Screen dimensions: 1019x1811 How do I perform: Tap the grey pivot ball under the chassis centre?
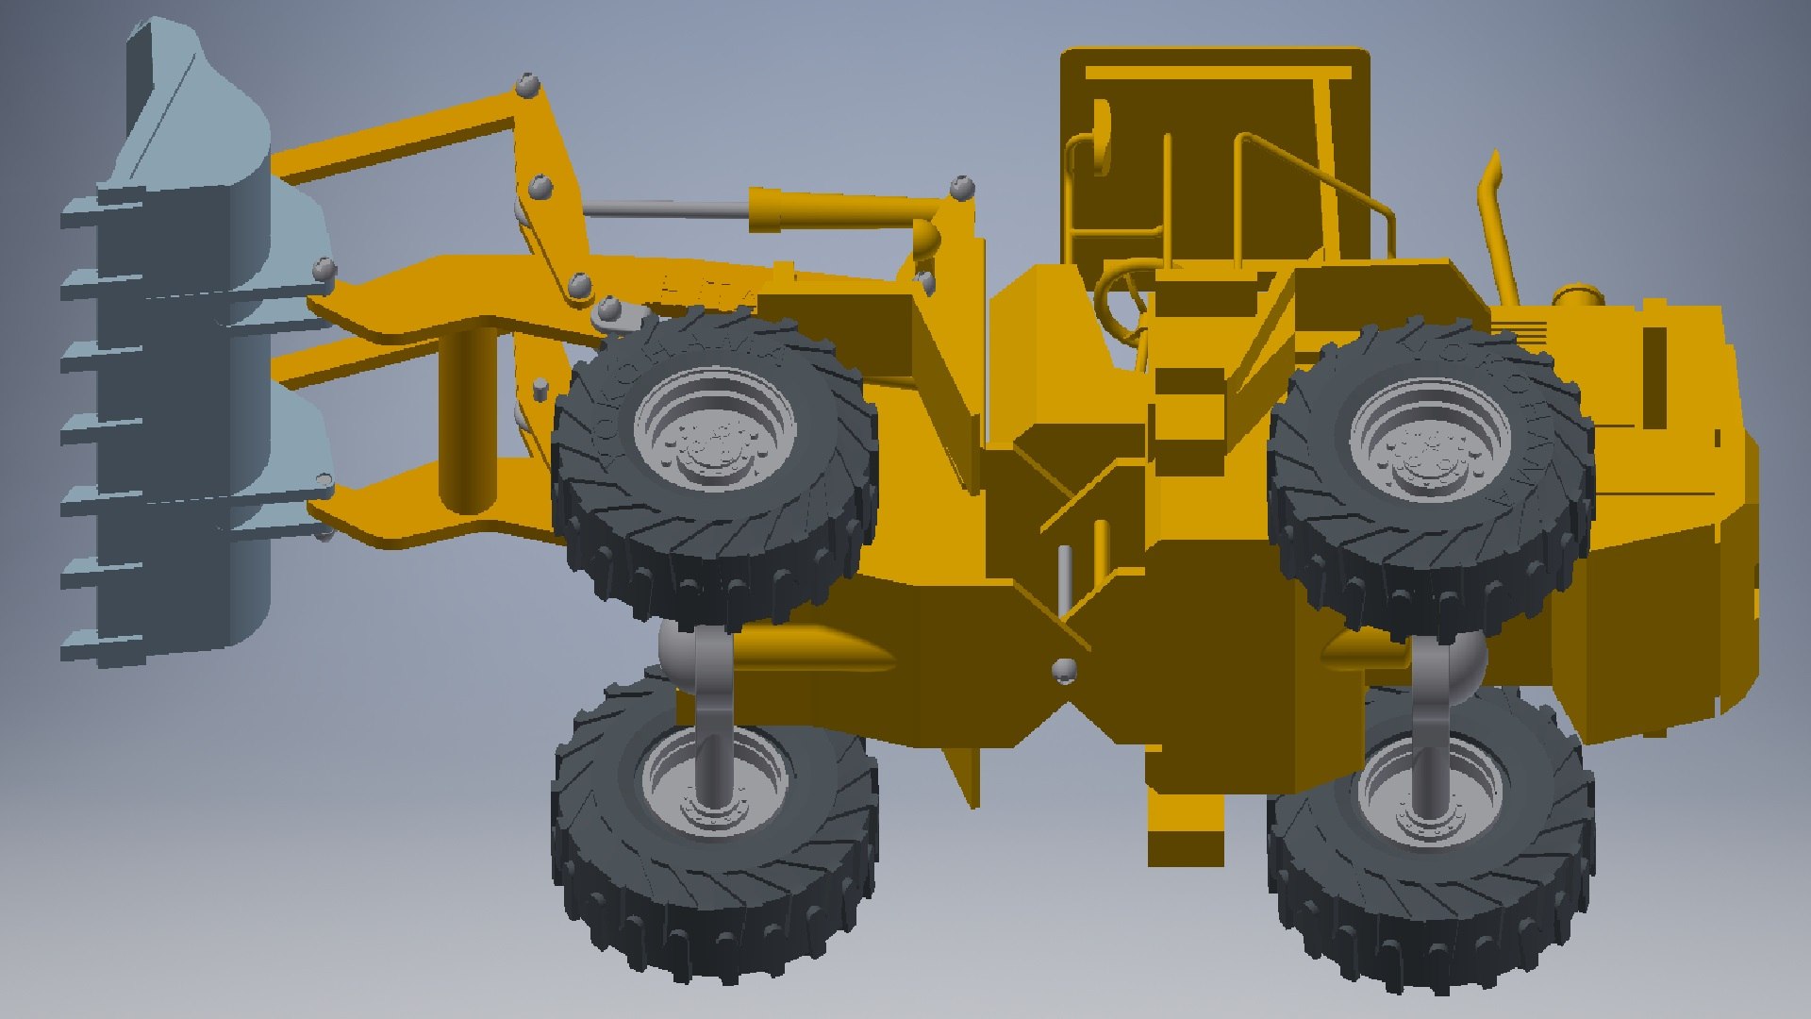tap(1065, 671)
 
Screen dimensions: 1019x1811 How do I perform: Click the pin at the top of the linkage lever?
tap(529, 86)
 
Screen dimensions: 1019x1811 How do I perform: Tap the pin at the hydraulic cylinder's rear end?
tap(962, 187)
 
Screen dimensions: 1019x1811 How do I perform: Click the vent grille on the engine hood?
tap(1519, 335)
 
